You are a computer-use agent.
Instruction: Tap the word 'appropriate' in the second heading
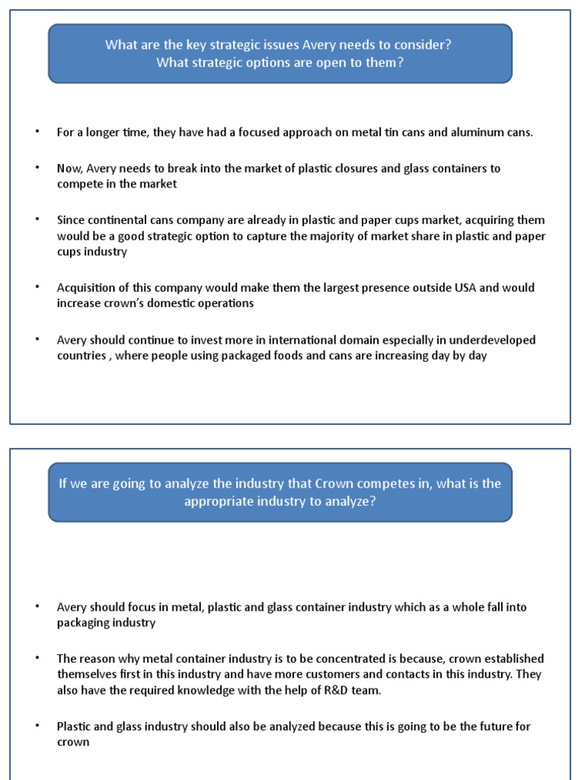[218, 501]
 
